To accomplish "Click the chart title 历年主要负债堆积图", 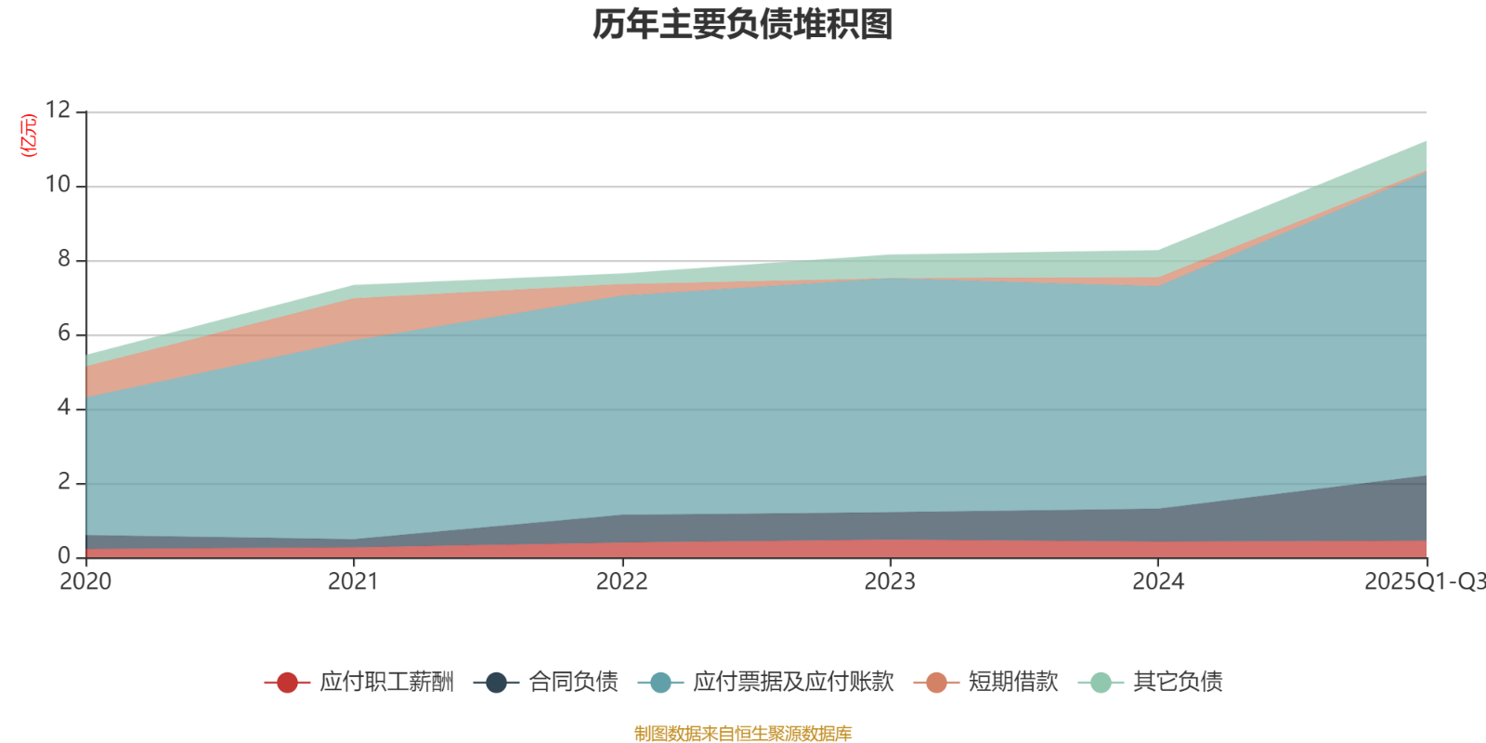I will [x=743, y=25].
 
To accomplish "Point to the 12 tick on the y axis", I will [x=58, y=111].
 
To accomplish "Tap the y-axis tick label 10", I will [x=58, y=185].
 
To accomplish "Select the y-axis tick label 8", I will [x=64, y=259].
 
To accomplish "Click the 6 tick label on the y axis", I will [x=64, y=333].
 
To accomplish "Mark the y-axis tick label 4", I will [x=64, y=408].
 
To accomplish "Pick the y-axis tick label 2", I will [x=64, y=482].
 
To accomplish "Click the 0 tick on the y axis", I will [x=64, y=555].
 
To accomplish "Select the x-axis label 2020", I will [x=85, y=582].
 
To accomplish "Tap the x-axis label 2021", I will [x=354, y=582].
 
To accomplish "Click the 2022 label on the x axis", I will [x=622, y=582].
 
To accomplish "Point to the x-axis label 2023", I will [x=890, y=582].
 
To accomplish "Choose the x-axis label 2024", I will [x=1158, y=582].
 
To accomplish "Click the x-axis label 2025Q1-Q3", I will [x=1423, y=582].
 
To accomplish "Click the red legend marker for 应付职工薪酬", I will [x=288, y=683].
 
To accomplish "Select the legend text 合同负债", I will [x=573, y=683].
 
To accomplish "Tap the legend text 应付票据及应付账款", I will [x=793, y=683].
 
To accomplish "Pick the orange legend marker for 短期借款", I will [x=936, y=683].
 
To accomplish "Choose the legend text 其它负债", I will [x=1178, y=683].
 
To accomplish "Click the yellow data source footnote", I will [x=743, y=734].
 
